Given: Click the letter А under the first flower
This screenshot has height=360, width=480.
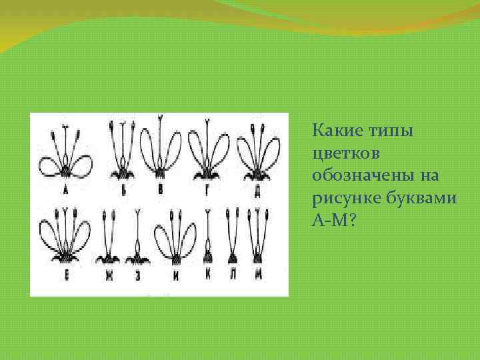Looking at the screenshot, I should pyautogui.click(x=66, y=189).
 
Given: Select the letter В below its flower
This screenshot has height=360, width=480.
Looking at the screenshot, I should pyautogui.click(x=160, y=189).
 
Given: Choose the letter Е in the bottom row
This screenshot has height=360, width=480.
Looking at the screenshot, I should pyautogui.click(x=66, y=273).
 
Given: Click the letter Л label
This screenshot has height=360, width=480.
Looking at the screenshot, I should pyautogui.click(x=233, y=274).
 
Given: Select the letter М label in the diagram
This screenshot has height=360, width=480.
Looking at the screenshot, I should pyautogui.click(x=256, y=274).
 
